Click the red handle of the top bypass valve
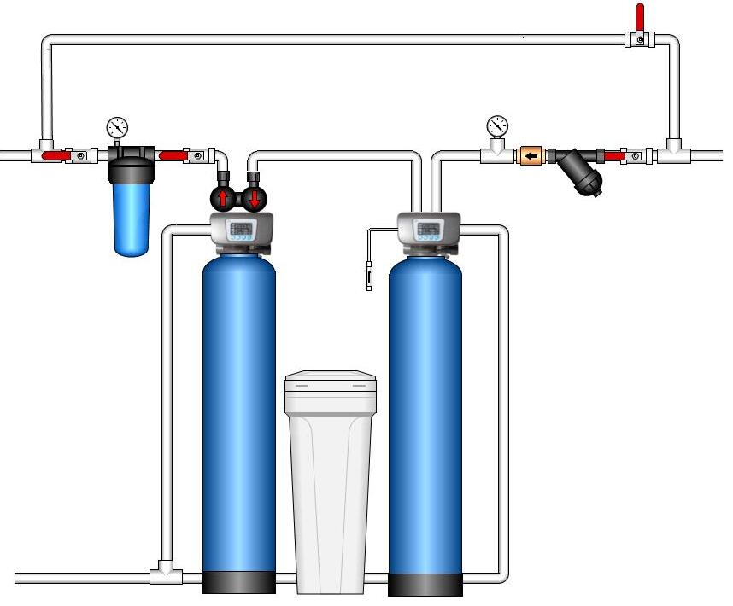click(638, 16)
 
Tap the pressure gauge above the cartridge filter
click(117, 129)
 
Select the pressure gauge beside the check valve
click(496, 126)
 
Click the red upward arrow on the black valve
click(224, 199)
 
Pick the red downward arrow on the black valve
click(254, 199)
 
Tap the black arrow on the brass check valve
click(531, 156)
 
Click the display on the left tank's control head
click(241, 229)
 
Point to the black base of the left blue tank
click(238, 582)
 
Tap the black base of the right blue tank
click(425, 584)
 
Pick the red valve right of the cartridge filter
click(174, 156)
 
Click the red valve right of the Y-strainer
click(613, 156)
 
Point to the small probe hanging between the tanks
click(369, 277)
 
